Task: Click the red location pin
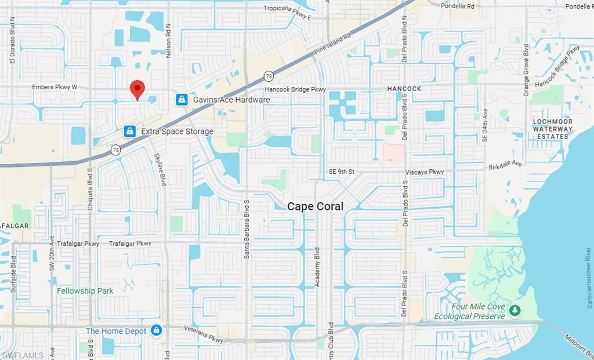[137, 89]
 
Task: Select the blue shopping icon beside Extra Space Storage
[130, 132]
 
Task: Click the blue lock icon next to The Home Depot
[156, 330]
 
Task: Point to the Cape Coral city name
[316, 206]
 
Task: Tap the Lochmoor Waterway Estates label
[552, 129]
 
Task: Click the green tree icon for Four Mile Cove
[515, 311]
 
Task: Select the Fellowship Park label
[85, 290]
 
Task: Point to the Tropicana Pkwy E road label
[287, 8]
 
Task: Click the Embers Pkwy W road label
[55, 88]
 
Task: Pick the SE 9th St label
[341, 172]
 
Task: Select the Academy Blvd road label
[317, 267]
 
